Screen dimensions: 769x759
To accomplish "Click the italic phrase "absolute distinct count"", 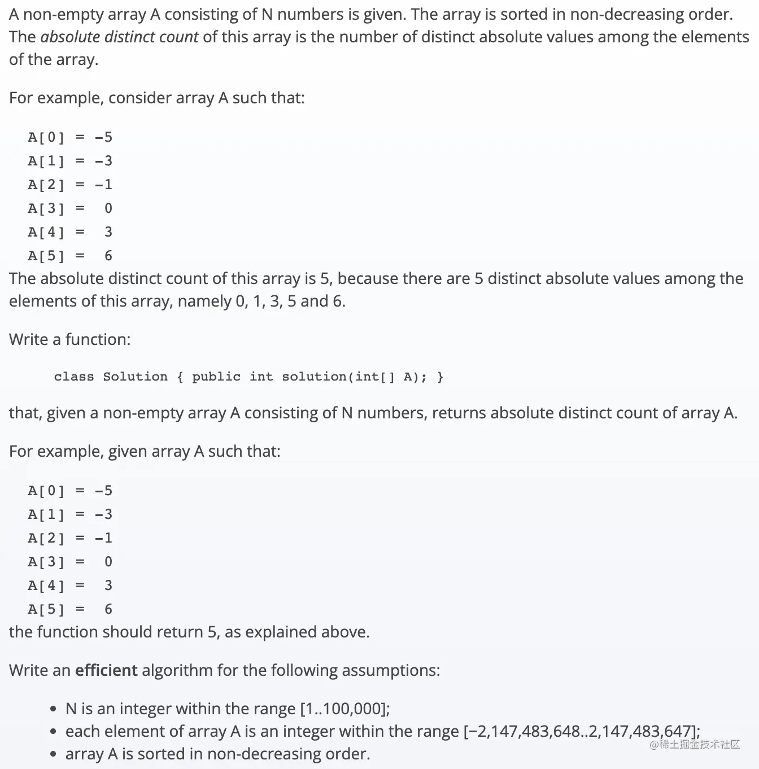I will point(119,37).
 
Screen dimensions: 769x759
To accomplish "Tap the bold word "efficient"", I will point(106,670).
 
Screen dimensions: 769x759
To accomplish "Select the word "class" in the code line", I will point(74,377).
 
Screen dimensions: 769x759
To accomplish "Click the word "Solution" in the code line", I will point(135,377).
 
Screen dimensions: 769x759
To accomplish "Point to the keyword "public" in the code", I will point(216,377).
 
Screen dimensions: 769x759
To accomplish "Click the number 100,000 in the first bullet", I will point(350,709).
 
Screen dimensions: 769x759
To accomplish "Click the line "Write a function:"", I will point(69,339).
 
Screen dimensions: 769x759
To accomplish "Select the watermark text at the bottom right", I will point(695,744).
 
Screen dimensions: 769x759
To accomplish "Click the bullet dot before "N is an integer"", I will point(53,709).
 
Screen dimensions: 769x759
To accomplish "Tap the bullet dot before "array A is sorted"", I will point(53,754).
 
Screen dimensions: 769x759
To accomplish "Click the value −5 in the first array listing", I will point(103,137).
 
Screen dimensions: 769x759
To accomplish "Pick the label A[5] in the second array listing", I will point(46,609).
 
